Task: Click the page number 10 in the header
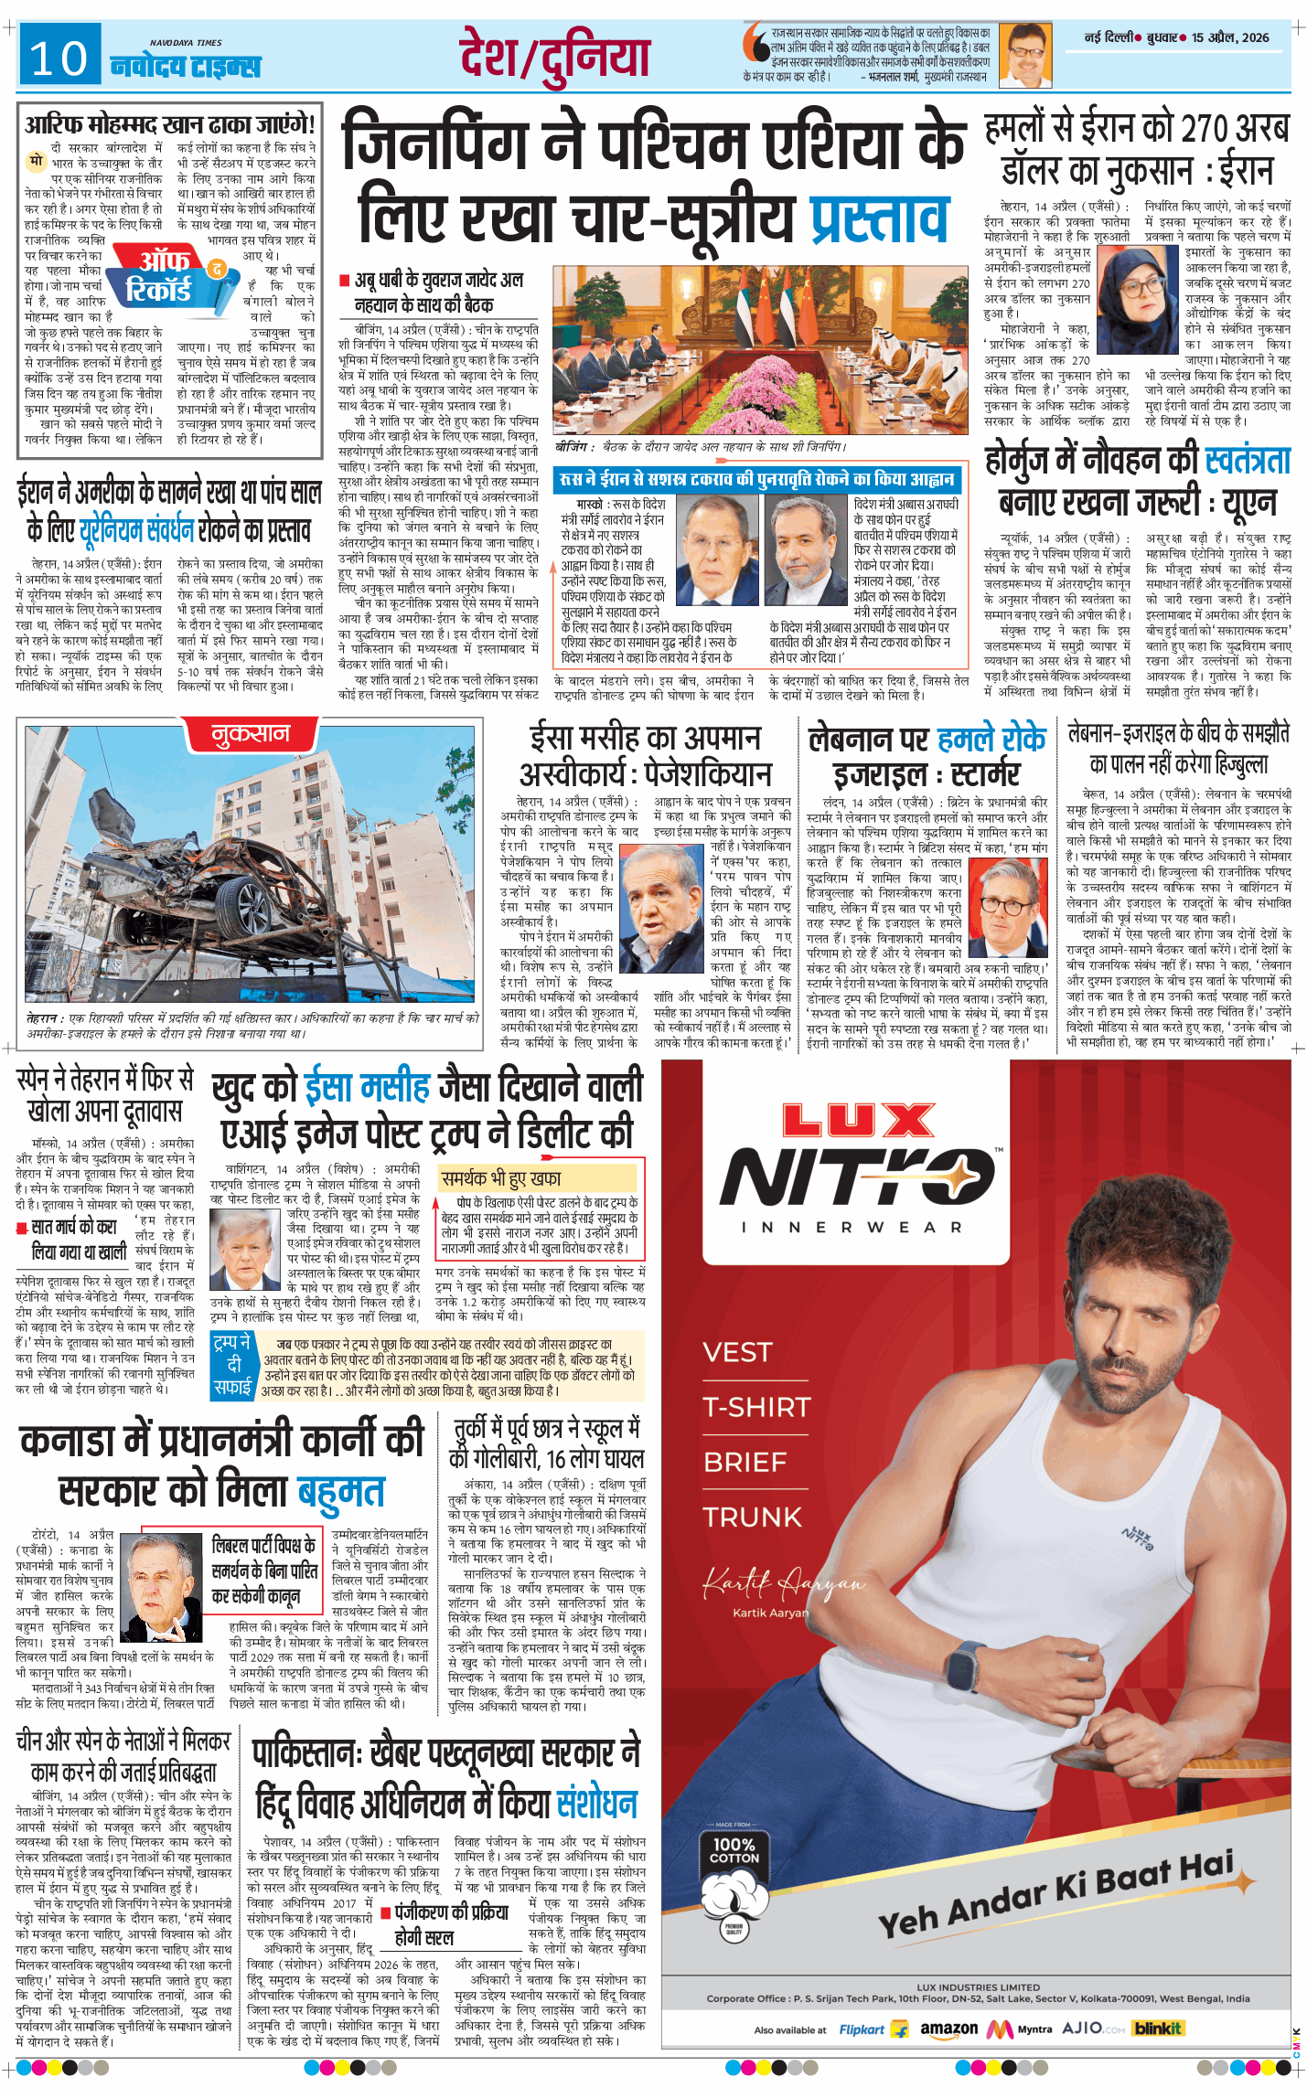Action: tap(59, 59)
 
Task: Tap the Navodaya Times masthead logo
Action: tap(185, 65)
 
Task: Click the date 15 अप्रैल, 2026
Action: tap(1229, 37)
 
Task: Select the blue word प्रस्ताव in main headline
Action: tap(880, 217)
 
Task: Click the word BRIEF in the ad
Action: tap(745, 1462)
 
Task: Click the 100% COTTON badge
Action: tap(734, 1851)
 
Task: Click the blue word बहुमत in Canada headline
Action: tap(341, 1491)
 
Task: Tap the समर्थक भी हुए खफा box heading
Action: tap(500, 1178)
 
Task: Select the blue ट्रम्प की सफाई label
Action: tap(231, 1364)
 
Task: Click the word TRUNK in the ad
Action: tap(752, 1517)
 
